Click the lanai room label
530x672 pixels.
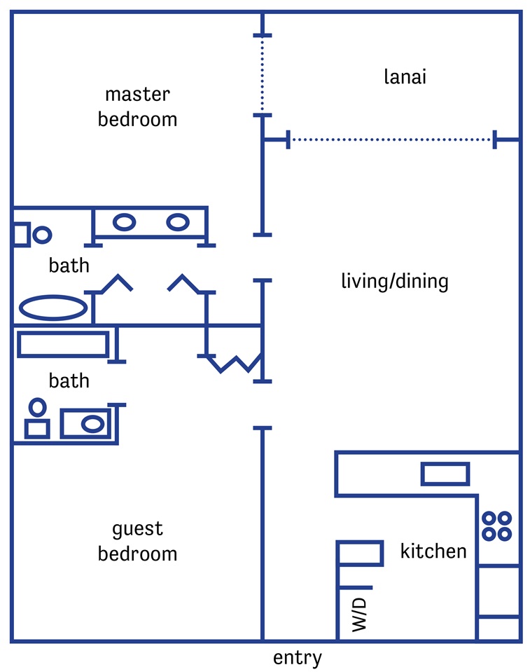click(405, 76)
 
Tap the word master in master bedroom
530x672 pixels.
click(137, 95)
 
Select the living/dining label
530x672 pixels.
click(395, 282)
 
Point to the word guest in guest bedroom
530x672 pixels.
click(137, 529)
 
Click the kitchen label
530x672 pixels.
click(433, 551)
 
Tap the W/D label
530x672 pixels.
click(359, 615)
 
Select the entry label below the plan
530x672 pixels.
click(297, 658)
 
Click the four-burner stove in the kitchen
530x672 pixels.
click(496, 526)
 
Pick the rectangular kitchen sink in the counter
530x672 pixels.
click(445, 474)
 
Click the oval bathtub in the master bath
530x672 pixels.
click(53, 308)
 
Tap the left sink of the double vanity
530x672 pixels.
click(124, 222)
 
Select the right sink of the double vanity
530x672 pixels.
click(178, 222)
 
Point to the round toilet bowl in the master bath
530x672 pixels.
click(42, 235)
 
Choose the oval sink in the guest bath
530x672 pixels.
click(92, 424)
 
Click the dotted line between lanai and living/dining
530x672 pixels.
click(391, 139)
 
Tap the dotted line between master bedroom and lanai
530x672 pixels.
click(263, 76)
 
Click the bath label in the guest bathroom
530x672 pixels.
click(69, 380)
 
